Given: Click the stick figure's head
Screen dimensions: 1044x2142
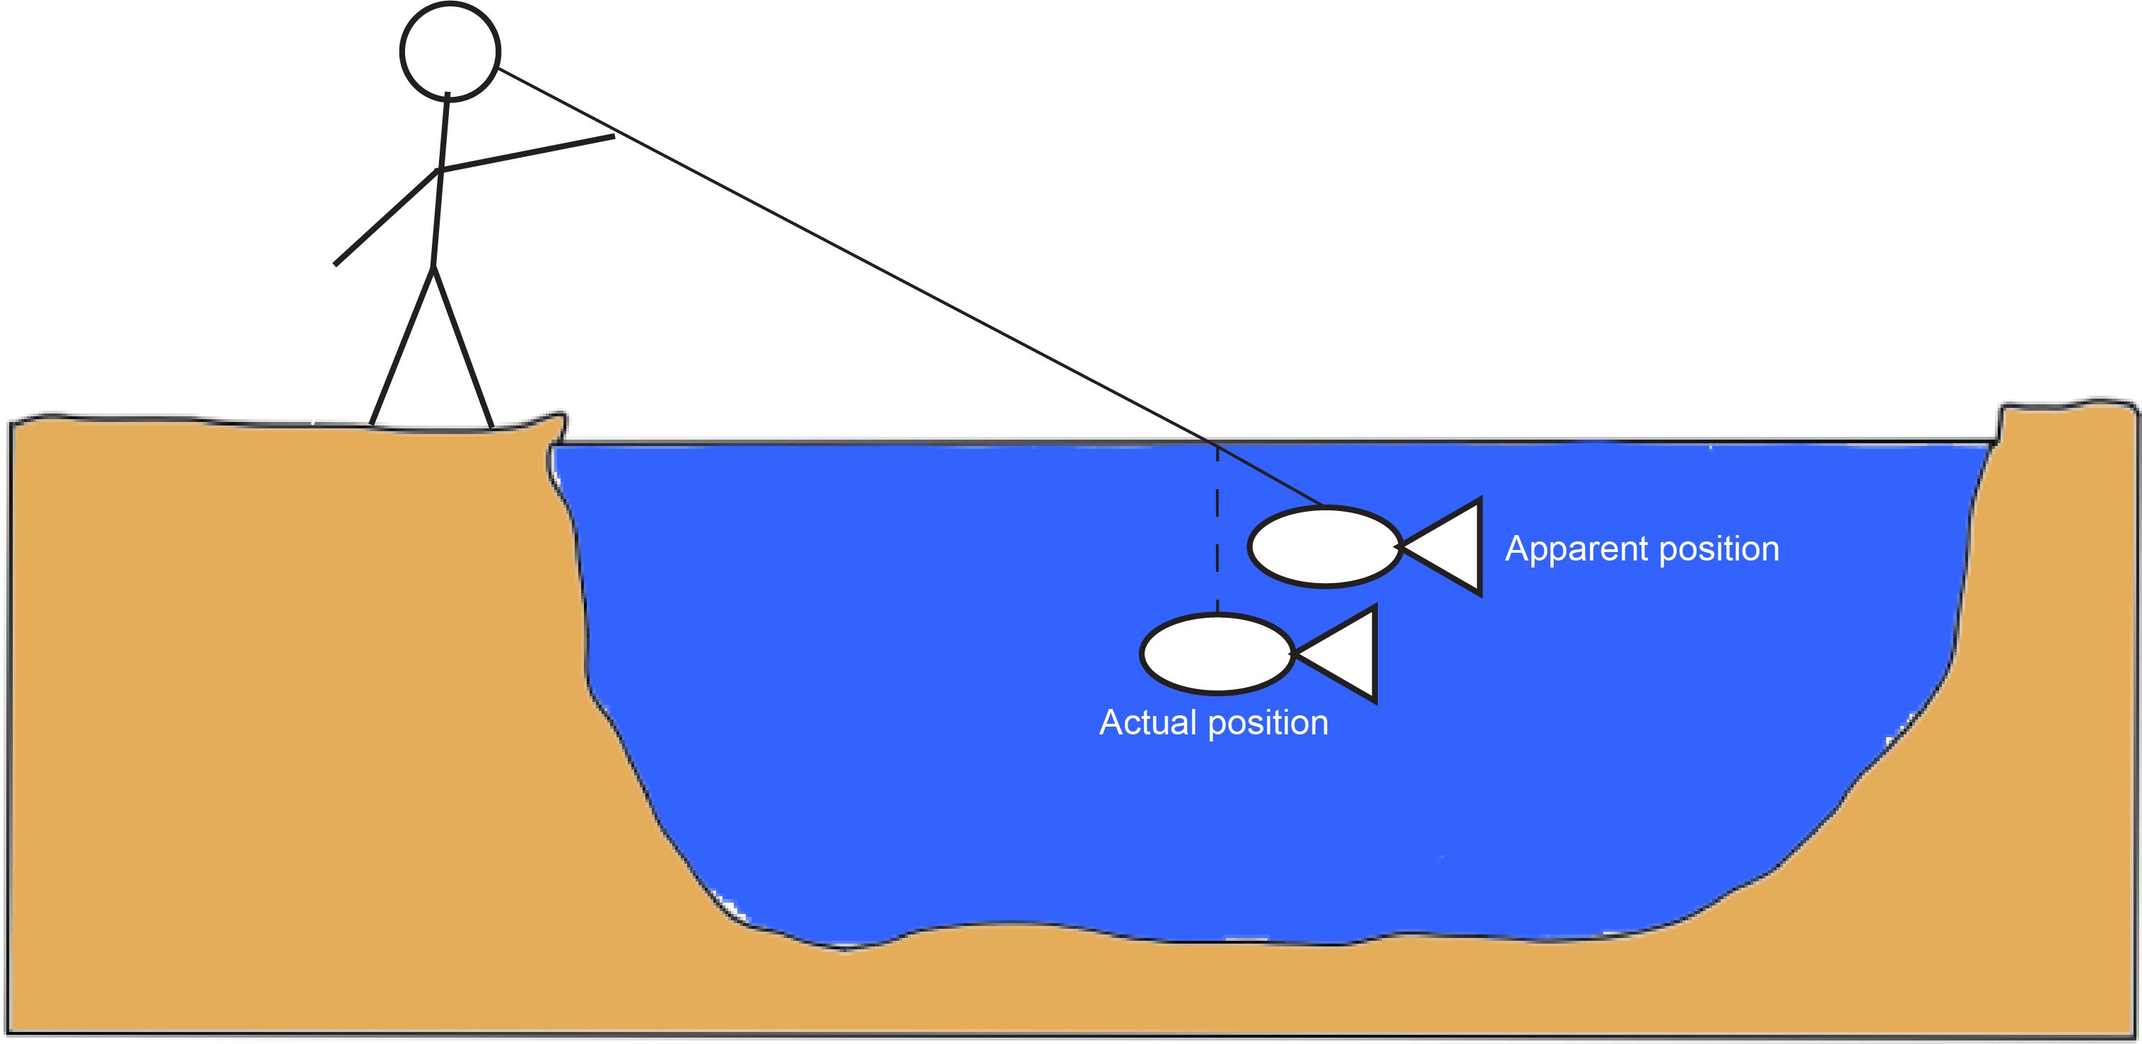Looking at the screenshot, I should tap(450, 52).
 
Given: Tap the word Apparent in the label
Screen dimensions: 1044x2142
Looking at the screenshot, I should tap(1576, 549).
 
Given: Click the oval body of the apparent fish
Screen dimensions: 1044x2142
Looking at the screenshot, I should tap(1325, 547).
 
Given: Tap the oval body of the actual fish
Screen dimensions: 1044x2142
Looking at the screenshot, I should tap(1217, 654).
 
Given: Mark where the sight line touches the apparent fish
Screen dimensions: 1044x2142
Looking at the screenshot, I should tap(1322, 505).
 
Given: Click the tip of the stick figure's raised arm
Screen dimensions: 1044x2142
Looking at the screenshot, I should tap(613, 136).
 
